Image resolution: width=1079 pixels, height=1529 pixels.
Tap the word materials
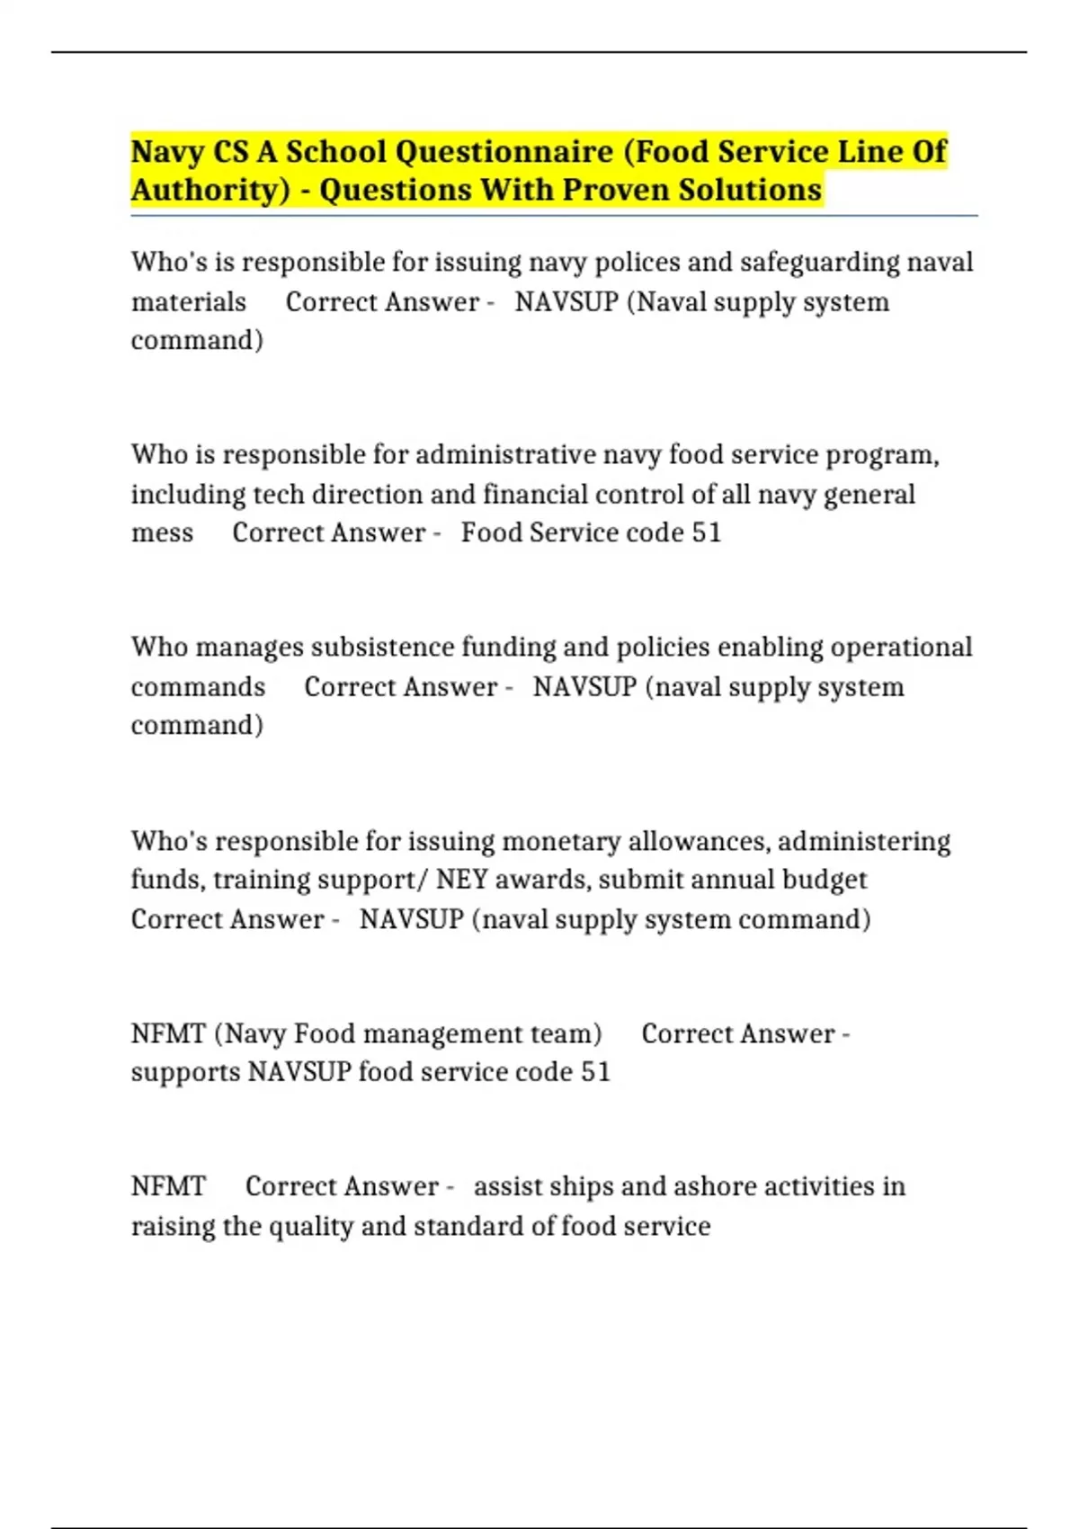(189, 302)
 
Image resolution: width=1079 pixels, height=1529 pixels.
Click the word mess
(162, 533)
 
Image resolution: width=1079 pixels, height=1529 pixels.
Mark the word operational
(901, 648)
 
